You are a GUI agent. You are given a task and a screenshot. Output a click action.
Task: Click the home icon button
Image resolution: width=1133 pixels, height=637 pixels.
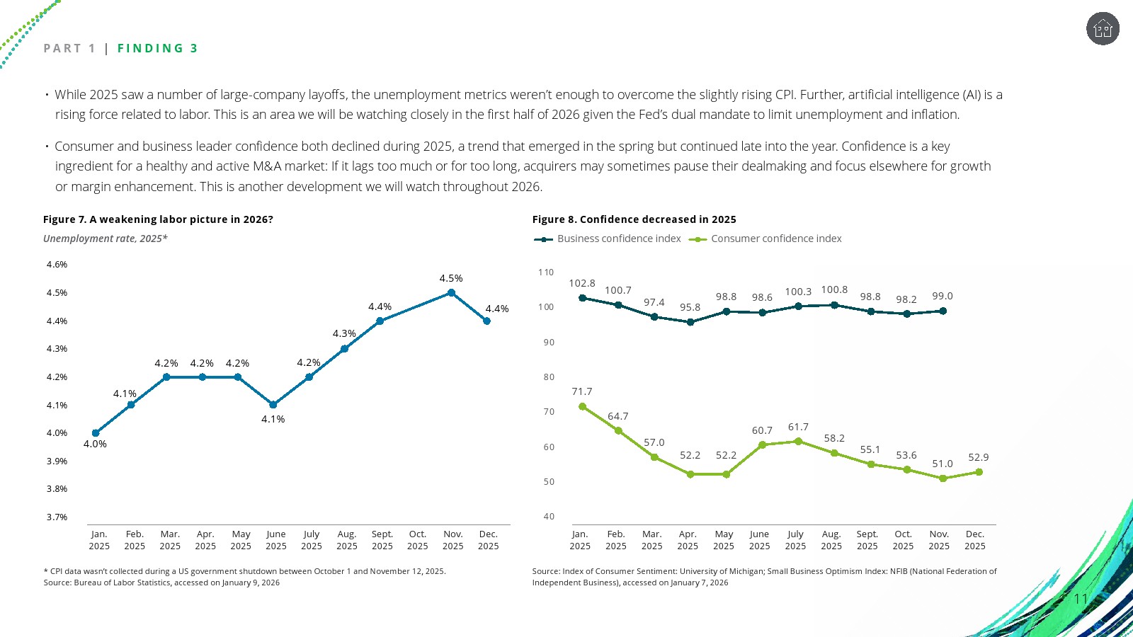[1103, 29]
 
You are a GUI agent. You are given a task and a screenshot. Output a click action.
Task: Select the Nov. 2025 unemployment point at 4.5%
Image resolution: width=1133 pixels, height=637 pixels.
[451, 292]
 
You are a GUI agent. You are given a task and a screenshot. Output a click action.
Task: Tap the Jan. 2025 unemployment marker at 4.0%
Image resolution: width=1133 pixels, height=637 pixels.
[96, 433]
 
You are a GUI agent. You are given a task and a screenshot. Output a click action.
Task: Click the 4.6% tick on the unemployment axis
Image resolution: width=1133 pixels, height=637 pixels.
[57, 265]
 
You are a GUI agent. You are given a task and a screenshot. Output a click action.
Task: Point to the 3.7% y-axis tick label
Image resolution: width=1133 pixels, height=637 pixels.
[57, 517]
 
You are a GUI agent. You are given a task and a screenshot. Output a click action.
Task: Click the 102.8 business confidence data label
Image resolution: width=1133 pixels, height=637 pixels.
[582, 283]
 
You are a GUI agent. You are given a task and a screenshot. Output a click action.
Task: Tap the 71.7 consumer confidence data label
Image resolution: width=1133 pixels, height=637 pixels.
[582, 391]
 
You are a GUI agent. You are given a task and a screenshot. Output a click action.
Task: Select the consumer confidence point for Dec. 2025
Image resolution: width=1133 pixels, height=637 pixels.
[979, 472]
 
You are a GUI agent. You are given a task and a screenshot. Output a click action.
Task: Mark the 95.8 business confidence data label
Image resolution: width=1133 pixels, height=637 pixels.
[690, 307]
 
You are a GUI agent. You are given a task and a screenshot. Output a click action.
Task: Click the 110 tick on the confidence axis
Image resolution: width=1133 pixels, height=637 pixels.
[546, 272]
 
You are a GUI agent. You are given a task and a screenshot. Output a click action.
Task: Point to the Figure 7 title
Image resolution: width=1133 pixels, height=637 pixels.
[158, 219]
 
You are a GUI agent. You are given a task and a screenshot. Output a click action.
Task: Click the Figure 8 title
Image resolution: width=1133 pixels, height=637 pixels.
[634, 219]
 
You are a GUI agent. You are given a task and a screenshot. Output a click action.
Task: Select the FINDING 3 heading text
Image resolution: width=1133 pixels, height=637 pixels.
[157, 48]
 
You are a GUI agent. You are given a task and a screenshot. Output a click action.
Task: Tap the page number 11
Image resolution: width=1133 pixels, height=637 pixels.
[1081, 599]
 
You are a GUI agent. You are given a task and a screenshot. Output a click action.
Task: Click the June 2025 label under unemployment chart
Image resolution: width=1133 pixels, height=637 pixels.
[276, 540]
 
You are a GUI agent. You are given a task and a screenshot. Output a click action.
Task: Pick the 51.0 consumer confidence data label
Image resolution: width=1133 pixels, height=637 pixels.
[942, 464]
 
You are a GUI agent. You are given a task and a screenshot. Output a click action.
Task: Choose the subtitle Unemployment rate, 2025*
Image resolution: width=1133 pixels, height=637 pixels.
[106, 239]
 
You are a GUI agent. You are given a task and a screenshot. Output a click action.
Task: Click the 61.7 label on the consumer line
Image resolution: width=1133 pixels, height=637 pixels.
[798, 427]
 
